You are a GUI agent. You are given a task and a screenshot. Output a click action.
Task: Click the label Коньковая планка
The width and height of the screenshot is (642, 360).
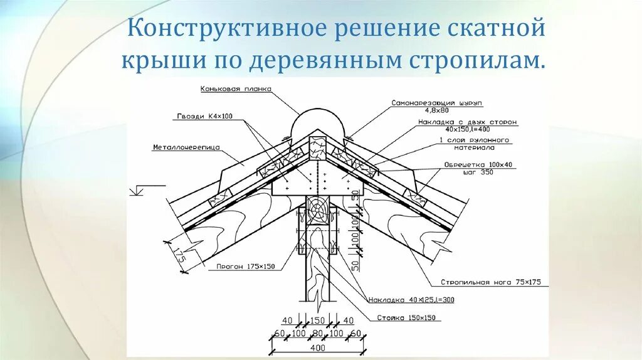[x=236, y=89]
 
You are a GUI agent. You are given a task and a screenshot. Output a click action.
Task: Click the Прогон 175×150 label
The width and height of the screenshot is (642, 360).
[x=246, y=267]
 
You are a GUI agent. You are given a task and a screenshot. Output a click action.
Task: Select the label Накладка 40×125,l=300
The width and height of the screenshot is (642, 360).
[x=411, y=300]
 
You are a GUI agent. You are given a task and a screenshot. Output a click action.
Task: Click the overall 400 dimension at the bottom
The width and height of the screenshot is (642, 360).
[x=318, y=347]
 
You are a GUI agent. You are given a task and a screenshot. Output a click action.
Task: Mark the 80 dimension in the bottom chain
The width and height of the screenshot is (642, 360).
[x=318, y=332]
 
